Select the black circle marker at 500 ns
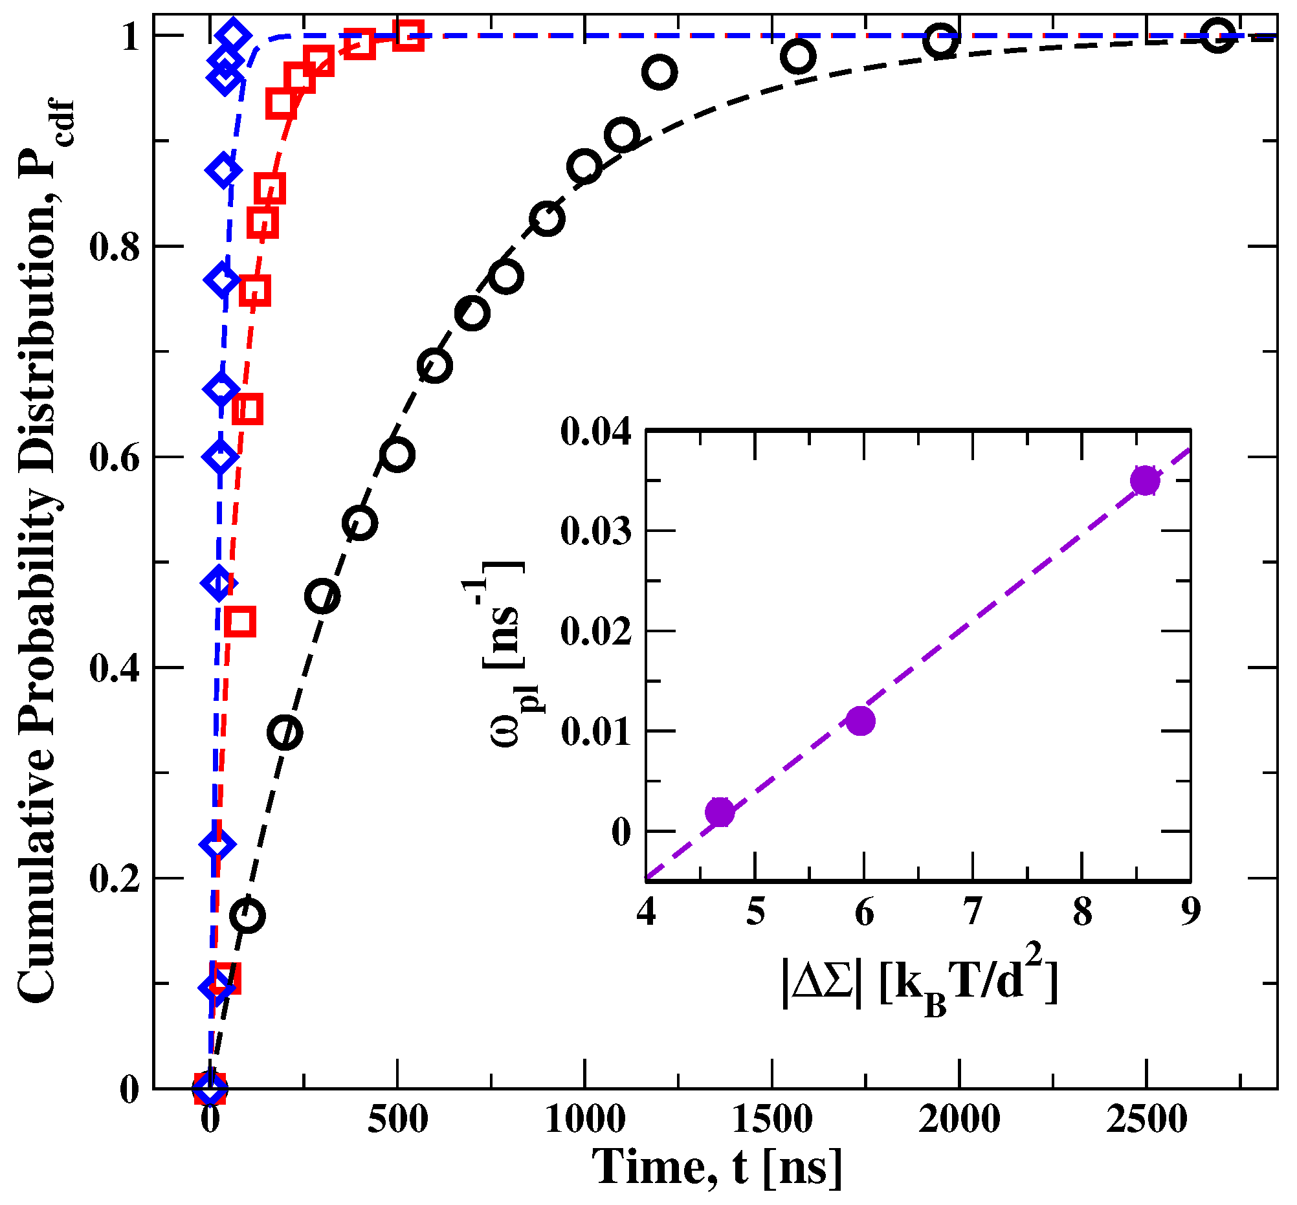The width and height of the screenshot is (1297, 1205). tap(398, 454)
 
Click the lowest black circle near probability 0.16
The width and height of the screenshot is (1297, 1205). tap(249, 916)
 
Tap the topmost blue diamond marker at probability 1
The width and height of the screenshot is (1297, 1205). tap(233, 35)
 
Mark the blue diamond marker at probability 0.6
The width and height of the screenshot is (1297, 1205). tap(221, 457)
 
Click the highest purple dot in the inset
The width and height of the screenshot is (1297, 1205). tap(1145, 481)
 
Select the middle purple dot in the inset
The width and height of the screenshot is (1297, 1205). tap(861, 720)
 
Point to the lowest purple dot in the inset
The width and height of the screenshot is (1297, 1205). tap(720, 812)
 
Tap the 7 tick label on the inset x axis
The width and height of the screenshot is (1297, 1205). tap(973, 912)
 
